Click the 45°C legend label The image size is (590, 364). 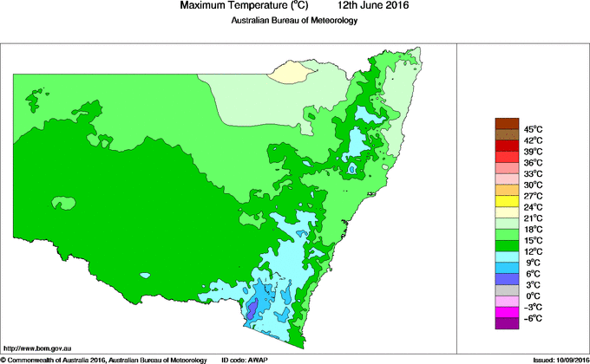[x=533, y=129]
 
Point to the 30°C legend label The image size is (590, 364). [x=533, y=185]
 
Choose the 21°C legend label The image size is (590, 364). [x=533, y=218]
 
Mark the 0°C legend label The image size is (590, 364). [x=533, y=296]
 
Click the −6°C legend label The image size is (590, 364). [x=533, y=318]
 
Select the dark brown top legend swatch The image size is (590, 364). [x=507, y=123]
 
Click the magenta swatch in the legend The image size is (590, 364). [x=507, y=312]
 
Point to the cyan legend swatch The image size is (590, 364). [x=507, y=257]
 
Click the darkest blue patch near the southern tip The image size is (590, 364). [x=252, y=309]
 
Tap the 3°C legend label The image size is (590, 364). [x=533, y=284]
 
